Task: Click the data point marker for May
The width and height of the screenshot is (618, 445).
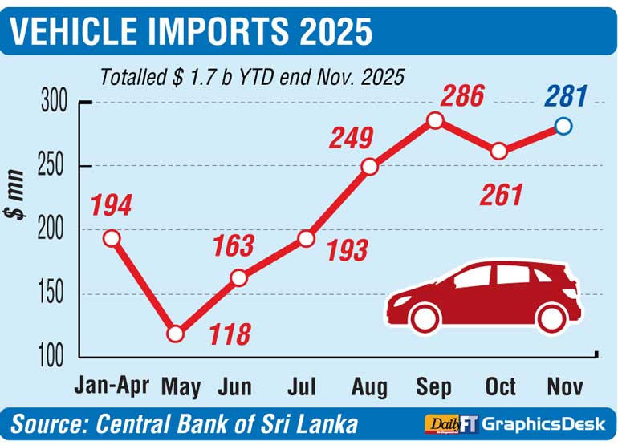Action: click(176, 334)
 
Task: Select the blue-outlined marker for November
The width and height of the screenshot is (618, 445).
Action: click(563, 126)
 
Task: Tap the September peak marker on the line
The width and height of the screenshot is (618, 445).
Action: click(435, 120)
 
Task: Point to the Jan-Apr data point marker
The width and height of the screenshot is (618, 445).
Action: click(112, 238)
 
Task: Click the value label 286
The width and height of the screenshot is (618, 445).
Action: click(462, 97)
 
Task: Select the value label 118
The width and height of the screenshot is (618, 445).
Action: click(230, 334)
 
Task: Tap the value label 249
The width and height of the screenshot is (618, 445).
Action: click(351, 139)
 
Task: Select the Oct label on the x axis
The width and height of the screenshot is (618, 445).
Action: click(500, 386)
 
